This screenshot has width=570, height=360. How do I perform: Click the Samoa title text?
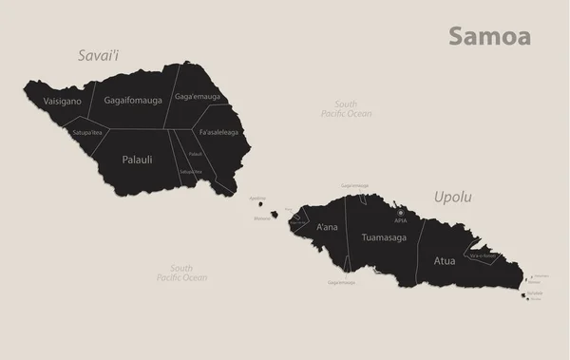[x=489, y=36]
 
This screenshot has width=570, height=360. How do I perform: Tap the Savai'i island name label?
[x=102, y=56]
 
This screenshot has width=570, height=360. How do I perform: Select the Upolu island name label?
[x=452, y=198]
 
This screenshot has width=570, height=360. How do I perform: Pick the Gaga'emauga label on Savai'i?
[x=197, y=97]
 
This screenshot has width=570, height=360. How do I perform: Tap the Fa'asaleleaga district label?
[x=219, y=132]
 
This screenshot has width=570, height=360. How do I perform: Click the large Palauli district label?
[x=138, y=160]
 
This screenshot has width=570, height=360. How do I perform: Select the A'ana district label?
[x=325, y=228]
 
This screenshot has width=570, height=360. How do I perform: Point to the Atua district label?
[x=445, y=257]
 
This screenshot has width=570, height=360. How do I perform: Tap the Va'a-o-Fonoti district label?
[x=483, y=256]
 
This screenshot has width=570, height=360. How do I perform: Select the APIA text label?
[x=401, y=219]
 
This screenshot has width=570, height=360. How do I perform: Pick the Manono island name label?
[x=261, y=218]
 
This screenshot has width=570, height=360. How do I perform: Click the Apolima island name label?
[x=256, y=198]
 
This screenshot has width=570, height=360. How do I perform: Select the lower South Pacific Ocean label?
[x=181, y=274]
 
